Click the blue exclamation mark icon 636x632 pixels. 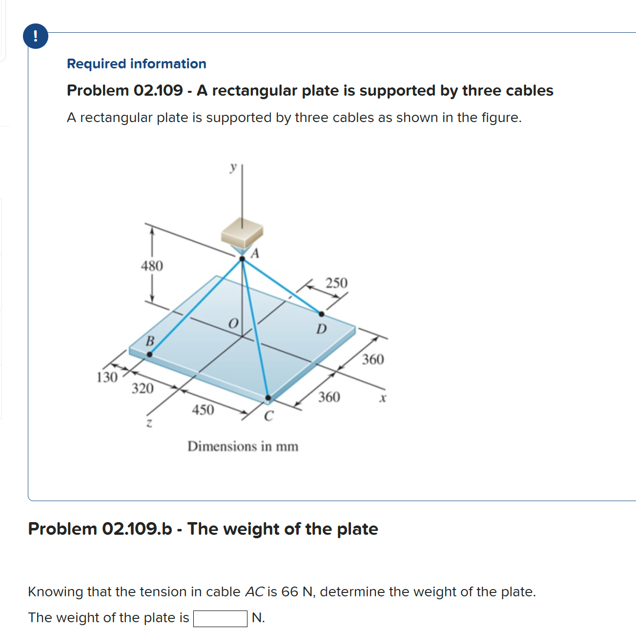coord(36,36)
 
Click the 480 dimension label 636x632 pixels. coord(152,266)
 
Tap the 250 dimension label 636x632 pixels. coord(336,283)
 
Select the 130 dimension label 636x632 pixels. coord(107,378)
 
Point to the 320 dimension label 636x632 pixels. coord(143,389)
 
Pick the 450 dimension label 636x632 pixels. coord(203,410)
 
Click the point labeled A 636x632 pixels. coord(242,259)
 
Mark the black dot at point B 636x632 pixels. coord(149,355)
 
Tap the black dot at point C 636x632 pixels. coord(268,398)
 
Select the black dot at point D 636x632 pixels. coord(322,314)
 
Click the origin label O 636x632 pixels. coord(233,324)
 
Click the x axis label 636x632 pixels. coord(383,399)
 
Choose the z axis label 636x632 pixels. coord(150,423)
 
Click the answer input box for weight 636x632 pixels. coord(220,618)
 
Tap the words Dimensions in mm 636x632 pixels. coord(243,446)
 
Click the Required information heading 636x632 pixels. coord(137,64)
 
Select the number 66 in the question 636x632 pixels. coord(289,592)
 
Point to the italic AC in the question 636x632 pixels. coord(254,592)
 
